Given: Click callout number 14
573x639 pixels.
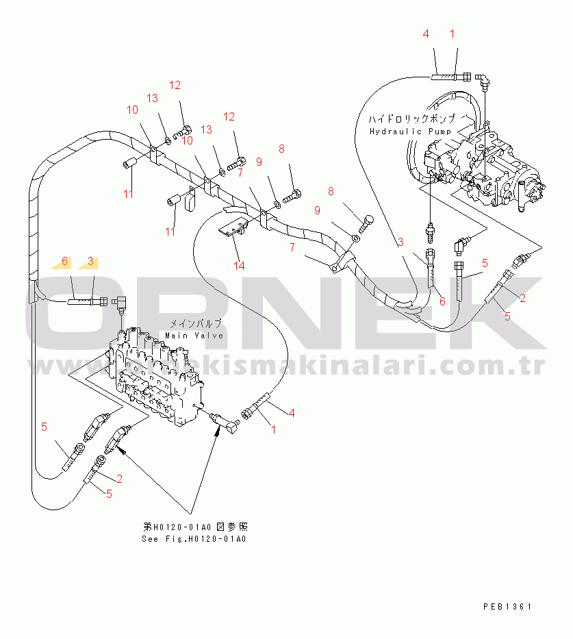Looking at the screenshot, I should coord(238,266).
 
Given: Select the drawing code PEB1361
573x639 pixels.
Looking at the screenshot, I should coord(507,607).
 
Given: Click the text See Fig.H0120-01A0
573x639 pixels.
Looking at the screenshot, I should coord(194,539).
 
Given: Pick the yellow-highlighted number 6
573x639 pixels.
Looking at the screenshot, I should coord(65,261).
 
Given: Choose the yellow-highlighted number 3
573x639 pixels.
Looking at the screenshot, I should coord(90,261).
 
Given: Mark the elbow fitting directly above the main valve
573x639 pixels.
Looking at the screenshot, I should coord(121,301).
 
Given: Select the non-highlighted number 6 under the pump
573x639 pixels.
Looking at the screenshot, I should coord(442,301).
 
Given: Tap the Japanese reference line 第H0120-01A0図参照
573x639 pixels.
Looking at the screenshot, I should coord(195,527).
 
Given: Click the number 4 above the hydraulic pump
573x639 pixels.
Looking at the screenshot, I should coord(425,34).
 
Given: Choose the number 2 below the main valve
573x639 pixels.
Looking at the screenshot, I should coord(119,478).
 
